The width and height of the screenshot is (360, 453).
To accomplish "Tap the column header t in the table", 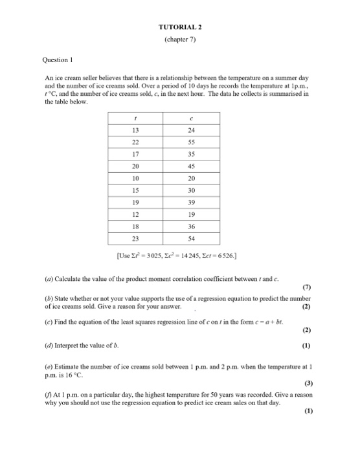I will click(134, 118).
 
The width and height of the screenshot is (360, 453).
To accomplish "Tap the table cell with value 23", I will click(134, 240).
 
